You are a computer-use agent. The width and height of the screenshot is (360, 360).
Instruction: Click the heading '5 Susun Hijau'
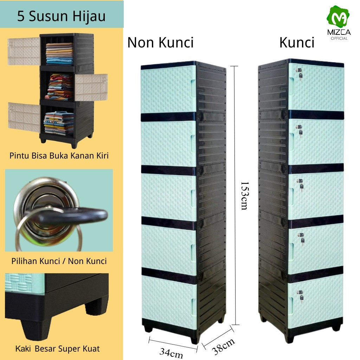point(62,16)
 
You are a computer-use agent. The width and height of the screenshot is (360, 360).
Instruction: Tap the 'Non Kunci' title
point(160,43)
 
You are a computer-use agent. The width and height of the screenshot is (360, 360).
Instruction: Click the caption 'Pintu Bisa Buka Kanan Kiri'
point(59,156)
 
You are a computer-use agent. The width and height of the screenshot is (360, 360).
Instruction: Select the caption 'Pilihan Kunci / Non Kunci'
point(58,261)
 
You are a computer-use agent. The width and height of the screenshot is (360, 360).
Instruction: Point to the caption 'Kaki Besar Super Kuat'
point(58,349)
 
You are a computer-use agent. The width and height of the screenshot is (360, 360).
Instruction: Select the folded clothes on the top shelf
point(59,53)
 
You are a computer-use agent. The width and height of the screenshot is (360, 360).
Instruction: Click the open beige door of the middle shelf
point(91,87)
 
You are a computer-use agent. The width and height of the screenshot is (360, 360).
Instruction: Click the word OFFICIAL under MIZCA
point(339,38)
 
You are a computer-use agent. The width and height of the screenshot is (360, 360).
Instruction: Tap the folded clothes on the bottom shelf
point(59,123)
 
